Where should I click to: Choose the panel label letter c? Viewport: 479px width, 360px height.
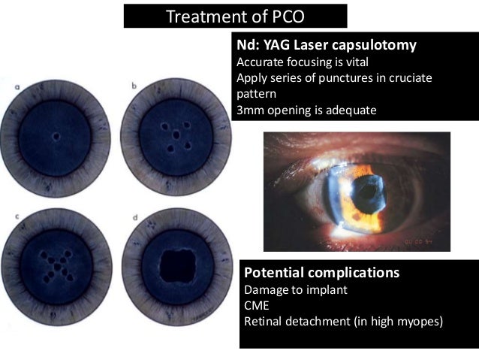(17, 217)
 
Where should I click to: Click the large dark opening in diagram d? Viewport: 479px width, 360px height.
(179, 265)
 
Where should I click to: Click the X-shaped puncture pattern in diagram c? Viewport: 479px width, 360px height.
(56, 265)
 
